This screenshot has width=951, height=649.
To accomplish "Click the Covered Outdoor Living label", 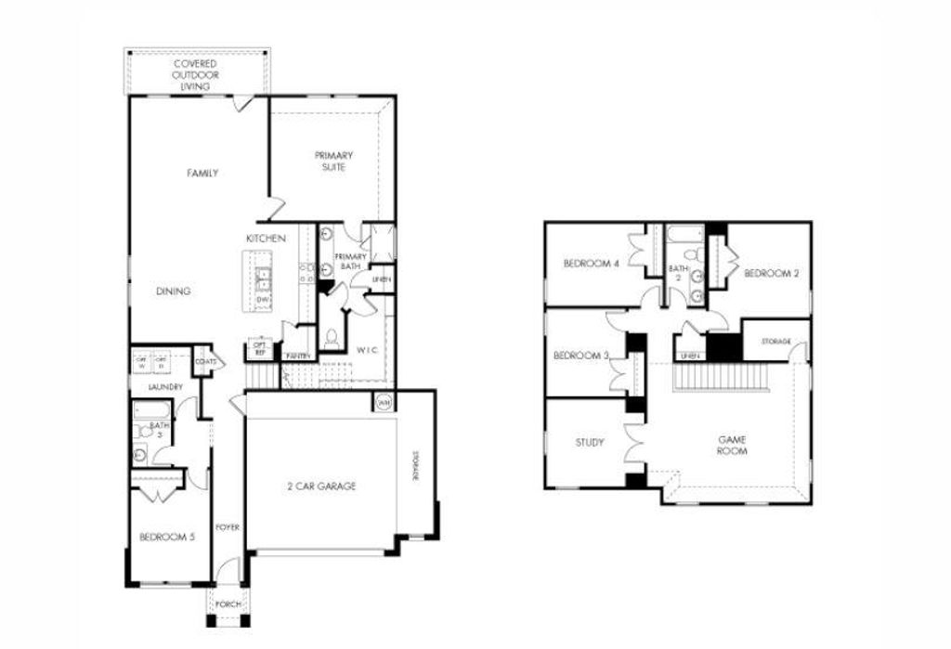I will (195, 74).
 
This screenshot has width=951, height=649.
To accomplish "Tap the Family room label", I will (202, 173).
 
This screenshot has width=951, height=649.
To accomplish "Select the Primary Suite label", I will (333, 161).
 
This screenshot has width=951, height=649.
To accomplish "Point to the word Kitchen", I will (266, 239).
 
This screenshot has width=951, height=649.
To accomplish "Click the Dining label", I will (173, 291).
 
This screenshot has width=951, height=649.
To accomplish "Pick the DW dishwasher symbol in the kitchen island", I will (263, 300).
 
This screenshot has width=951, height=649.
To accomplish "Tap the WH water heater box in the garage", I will (384, 402).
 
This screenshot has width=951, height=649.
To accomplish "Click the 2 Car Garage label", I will (320, 486).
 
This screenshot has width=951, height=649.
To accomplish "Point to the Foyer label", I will (228, 527).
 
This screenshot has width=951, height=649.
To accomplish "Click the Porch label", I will (228, 604).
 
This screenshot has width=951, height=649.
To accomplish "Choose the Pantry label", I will (298, 356).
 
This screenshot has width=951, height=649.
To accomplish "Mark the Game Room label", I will (733, 444).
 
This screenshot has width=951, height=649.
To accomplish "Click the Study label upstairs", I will (590, 442).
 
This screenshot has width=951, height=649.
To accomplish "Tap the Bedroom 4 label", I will (591, 264).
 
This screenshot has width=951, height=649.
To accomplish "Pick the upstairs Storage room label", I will (775, 342).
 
